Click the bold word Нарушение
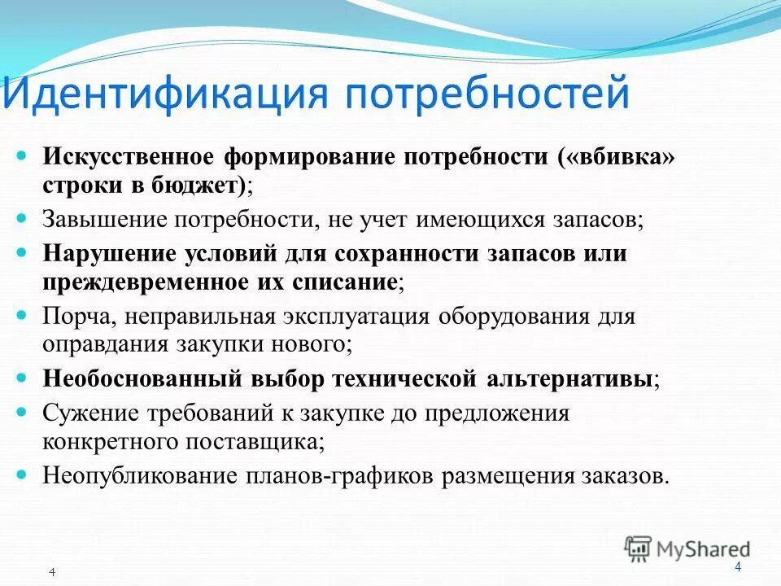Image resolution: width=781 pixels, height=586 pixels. pos(99,253)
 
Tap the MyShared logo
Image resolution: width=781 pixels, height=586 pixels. pos(687,549)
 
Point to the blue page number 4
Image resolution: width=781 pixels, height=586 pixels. pos(738,567)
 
